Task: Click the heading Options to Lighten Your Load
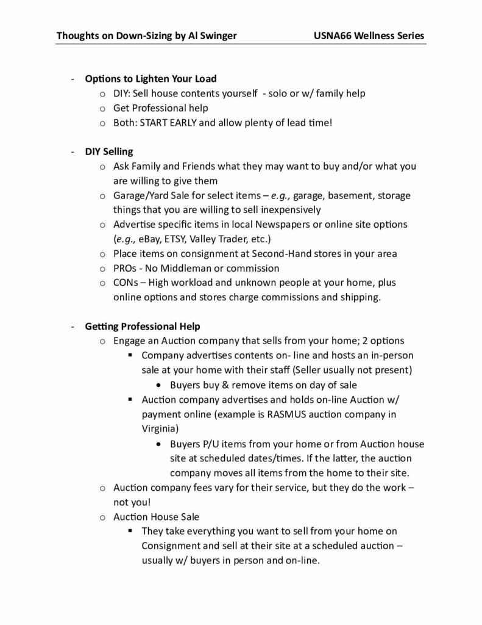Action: coord(151,79)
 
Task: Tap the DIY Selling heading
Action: coord(109,151)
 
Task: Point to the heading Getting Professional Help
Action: coord(143,326)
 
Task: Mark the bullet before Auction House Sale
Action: coord(102,516)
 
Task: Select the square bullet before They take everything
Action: coord(130,531)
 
